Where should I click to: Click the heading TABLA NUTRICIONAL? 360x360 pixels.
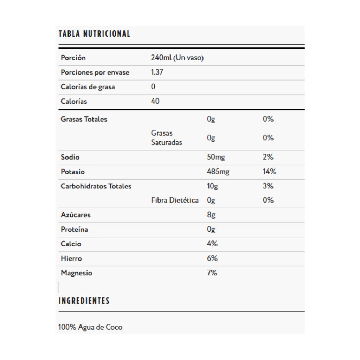coord(94,34)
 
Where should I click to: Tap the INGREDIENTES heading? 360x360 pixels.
coord(84,301)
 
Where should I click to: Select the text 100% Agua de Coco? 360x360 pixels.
coord(90,327)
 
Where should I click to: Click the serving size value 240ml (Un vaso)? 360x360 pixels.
coord(177,58)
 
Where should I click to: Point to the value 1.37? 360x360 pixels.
coord(157,72)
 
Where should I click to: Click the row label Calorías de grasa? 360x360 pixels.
coord(88,87)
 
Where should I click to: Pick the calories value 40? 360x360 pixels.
coord(155,101)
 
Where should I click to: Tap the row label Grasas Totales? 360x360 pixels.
coord(84,119)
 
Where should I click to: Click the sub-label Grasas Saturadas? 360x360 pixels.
coord(167,138)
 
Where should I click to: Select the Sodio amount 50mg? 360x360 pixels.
coord(216,157)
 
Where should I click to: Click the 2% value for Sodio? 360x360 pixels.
coord(268,157)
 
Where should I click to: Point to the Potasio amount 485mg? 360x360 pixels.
coord(218,172)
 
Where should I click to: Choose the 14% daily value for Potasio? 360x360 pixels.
coord(270,172)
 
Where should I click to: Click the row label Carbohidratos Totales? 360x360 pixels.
coord(96,186)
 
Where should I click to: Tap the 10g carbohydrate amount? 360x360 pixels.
coord(212,186)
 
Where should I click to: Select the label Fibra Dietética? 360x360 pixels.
coord(175,200)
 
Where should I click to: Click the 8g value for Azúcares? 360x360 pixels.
coord(211,215)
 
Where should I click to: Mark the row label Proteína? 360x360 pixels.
coord(74,230)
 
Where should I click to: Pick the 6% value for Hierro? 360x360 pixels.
coord(212,258)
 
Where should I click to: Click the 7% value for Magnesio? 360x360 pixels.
coord(212,273)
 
